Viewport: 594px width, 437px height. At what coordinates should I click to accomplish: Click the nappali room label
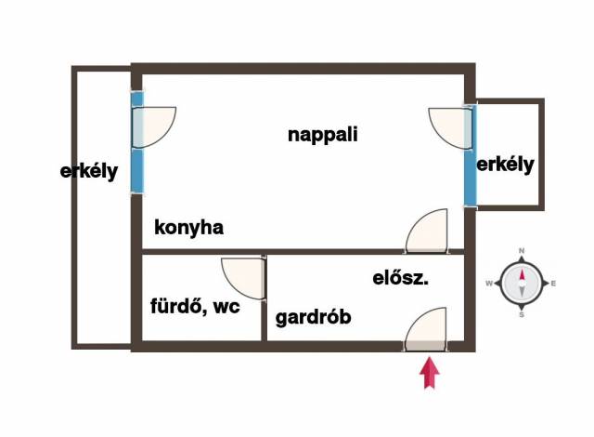coord(322,135)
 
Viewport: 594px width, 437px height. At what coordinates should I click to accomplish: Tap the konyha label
coord(188,228)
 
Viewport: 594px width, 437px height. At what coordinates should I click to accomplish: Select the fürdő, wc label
coord(195,306)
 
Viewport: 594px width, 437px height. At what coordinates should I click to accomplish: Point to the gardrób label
coord(314,317)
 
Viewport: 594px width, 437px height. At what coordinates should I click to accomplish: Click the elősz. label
coord(400,278)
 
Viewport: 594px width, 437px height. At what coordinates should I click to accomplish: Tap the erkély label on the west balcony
coord(89,171)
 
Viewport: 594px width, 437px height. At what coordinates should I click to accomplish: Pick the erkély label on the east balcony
coord(505,165)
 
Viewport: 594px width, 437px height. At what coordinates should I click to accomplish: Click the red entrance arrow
coord(429,373)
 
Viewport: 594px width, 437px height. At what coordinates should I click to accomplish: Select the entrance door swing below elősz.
coord(425,328)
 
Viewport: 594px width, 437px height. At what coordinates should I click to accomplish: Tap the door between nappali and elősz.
coord(427,231)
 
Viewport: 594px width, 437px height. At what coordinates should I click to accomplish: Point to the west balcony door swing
coord(154,127)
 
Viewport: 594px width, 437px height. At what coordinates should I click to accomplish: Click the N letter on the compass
coord(522,251)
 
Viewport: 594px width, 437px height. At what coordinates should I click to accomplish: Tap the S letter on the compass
coord(522,315)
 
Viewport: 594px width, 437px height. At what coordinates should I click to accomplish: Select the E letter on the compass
coord(553,284)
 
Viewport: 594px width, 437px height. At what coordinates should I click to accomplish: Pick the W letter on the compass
coord(489,284)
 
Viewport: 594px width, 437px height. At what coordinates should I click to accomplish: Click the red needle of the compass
coord(522,274)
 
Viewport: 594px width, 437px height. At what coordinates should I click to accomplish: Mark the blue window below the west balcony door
coord(137,171)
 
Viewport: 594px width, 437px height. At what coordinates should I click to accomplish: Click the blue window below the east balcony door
coord(471,178)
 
